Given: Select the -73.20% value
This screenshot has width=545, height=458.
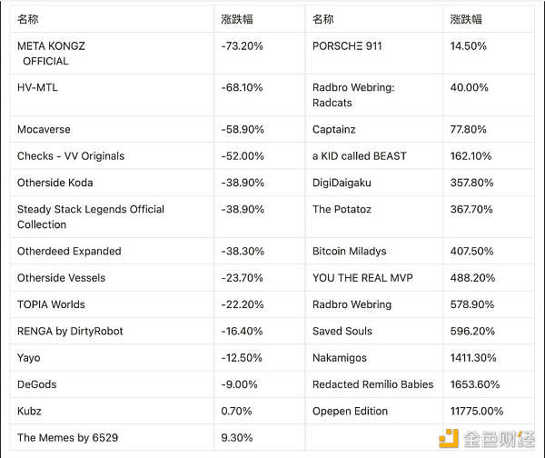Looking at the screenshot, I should click(x=242, y=45).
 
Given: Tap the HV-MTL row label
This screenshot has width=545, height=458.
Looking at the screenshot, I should click(x=37, y=87).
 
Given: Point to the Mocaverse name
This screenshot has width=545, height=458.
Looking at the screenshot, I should click(x=44, y=130).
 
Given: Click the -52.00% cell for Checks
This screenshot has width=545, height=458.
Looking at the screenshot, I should click(x=242, y=156).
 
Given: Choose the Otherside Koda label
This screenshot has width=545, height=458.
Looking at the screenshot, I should click(x=54, y=183).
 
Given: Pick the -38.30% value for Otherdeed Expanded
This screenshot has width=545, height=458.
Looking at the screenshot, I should click(x=242, y=251).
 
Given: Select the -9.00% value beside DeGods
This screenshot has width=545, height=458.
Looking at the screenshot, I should click(x=239, y=384).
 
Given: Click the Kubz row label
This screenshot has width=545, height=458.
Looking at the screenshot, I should click(x=29, y=411).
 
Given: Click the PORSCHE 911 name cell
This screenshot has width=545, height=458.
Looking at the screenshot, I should click(x=347, y=45).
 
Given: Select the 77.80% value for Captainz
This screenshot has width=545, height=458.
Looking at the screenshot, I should click(x=469, y=130).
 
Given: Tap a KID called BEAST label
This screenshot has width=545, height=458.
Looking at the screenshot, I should click(x=359, y=156).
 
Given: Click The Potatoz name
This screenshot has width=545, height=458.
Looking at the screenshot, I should click(x=342, y=209).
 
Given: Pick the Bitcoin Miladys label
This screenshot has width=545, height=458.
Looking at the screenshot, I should click(x=349, y=251).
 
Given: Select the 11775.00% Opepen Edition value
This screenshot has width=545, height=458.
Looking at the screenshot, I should click(x=477, y=411).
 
